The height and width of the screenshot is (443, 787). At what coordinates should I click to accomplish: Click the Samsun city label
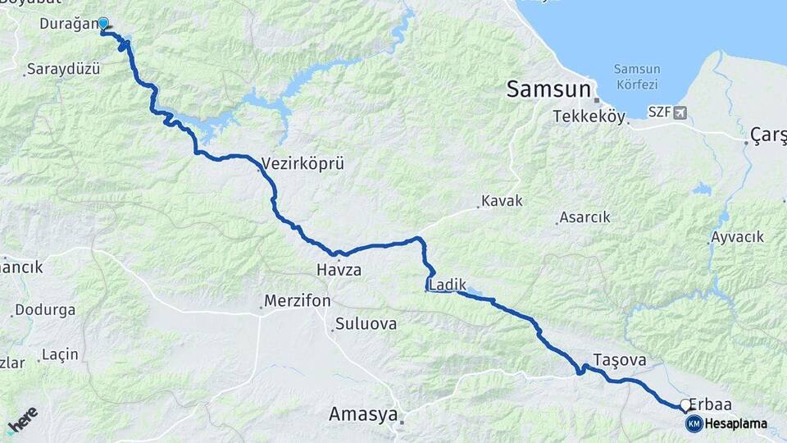coord(548,89)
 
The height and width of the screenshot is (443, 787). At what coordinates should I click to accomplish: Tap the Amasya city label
coord(362,414)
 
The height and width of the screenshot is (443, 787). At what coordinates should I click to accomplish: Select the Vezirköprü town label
coord(303,163)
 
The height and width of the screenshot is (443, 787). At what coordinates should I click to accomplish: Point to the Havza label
coord(339,269)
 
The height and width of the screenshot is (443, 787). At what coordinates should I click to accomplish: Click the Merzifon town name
coord(298,301)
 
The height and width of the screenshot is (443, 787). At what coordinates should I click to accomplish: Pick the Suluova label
coord(366,324)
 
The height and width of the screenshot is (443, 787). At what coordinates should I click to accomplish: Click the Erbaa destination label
coord(710,404)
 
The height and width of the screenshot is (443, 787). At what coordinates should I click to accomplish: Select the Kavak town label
coord(502,201)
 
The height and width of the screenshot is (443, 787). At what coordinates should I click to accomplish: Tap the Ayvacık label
coord(737,237)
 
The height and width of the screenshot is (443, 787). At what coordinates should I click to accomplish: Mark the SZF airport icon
coord(679,112)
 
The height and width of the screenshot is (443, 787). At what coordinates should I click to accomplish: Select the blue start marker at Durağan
coord(103,24)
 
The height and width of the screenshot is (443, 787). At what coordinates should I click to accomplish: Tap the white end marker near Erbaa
coord(685,404)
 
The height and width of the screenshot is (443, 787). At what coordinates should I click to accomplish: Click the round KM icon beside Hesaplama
coord(694,423)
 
